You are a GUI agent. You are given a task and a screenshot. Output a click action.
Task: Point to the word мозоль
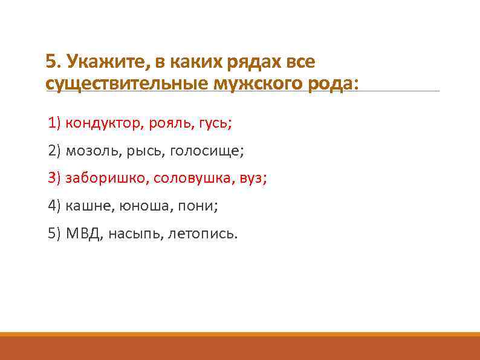point(93,151)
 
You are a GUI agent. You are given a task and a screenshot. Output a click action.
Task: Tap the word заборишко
point(107,178)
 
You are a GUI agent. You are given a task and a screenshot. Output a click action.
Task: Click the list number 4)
point(54,206)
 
